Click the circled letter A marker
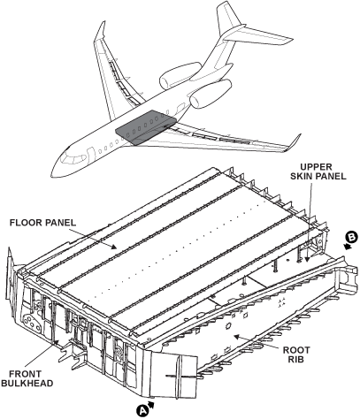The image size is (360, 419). [x=142, y=410]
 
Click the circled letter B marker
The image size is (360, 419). [x=352, y=237]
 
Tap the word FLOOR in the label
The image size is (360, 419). [x=26, y=223]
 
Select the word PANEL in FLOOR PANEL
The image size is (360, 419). [x=60, y=223]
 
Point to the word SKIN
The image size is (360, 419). [x=303, y=176]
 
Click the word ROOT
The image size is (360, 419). [x=296, y=350]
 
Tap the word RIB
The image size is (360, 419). [x=296, y=360]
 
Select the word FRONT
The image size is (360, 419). [x=25, y=374]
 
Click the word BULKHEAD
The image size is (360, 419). [x=27, y=384]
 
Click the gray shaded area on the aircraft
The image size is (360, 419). [x=145, y=127]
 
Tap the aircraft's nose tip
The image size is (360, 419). [x=52, y=176]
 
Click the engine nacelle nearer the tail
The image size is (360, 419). [x=180, y=75]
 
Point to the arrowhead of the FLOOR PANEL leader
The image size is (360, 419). [x=114, y=248]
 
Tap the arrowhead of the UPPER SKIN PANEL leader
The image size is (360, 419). [x=307, y=259]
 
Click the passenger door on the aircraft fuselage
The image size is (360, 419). [x=91, y=155]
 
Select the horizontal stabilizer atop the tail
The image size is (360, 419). [x=258, y=36]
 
